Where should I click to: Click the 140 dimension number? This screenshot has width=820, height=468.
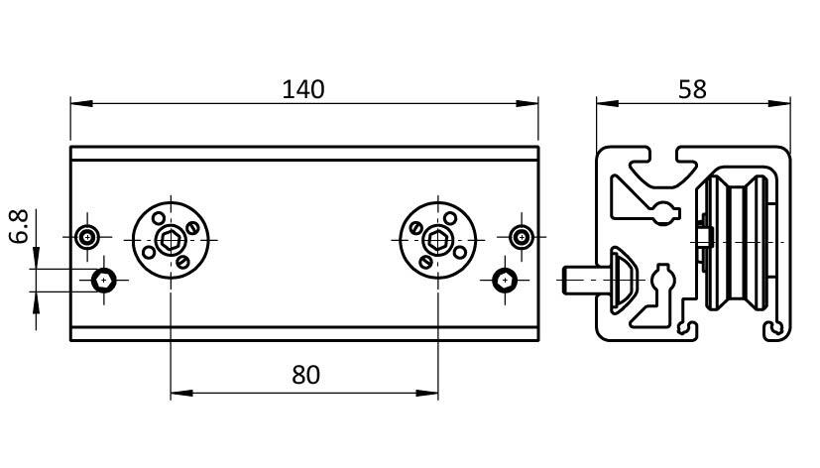click(303, 89)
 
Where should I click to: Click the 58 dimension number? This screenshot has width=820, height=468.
click(692, 89)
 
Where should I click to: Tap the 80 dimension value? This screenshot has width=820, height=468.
click(306, 375)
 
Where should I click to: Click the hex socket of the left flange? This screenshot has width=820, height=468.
click(171, 238)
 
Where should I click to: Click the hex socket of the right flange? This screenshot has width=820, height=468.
click(438, 238)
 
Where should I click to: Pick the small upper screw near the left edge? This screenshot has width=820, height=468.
click(89, 237)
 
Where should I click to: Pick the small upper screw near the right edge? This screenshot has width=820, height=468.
click(522, 237)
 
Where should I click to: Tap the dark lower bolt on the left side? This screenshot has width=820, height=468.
click(104, 280)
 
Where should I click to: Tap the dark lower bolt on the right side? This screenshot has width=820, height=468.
click(506, 280)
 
